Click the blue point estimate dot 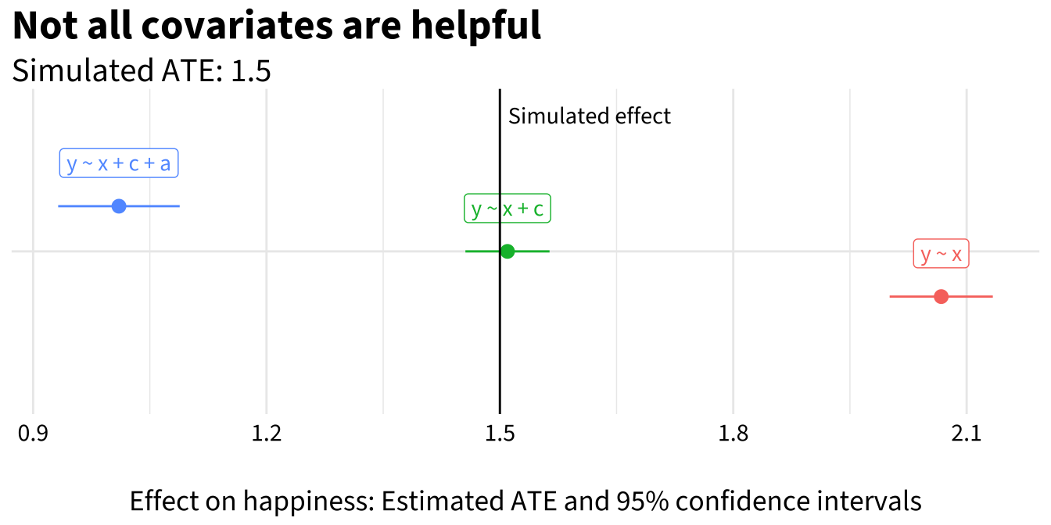pos(119,206)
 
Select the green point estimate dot pos(508,252)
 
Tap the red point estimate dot pos(942,297)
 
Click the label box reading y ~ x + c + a pos(119,163)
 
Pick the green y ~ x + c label pos(508,208)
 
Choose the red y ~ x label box pos(942,254)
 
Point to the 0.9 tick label pos(33,434)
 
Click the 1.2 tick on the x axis pos(267,434)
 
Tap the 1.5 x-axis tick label pos(500,434)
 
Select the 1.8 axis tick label pos(734,434)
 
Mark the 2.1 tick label pos(967,434)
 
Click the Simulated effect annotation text pos(590,116)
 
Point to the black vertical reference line pos(500,252)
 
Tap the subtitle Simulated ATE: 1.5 pos(142,71)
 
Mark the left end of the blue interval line pos(59,206)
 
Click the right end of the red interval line pos(993,297)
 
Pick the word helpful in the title pos(476,27)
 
